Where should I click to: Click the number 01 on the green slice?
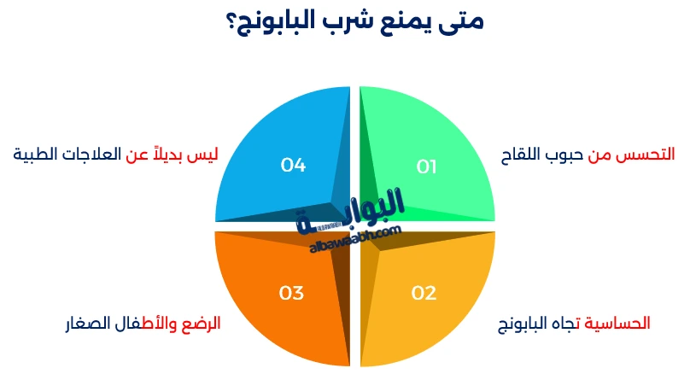pyautogui.click(x=426, y=167)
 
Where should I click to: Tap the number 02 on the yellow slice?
pyautogui.click(x=424, y=293)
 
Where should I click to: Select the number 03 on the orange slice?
pyautogui.click(x=291, y=293)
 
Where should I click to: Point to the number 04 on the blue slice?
pyautogui.click(x=293, y=165)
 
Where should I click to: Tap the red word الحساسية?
pyautogui.click(x=617, y=324)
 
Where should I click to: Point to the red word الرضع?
pyautogui.click(x=201, y=324)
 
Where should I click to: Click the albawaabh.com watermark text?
pyautogui.click(x=355, y=239)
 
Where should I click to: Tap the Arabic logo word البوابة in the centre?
pyautogui.click(x=351, y=210)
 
